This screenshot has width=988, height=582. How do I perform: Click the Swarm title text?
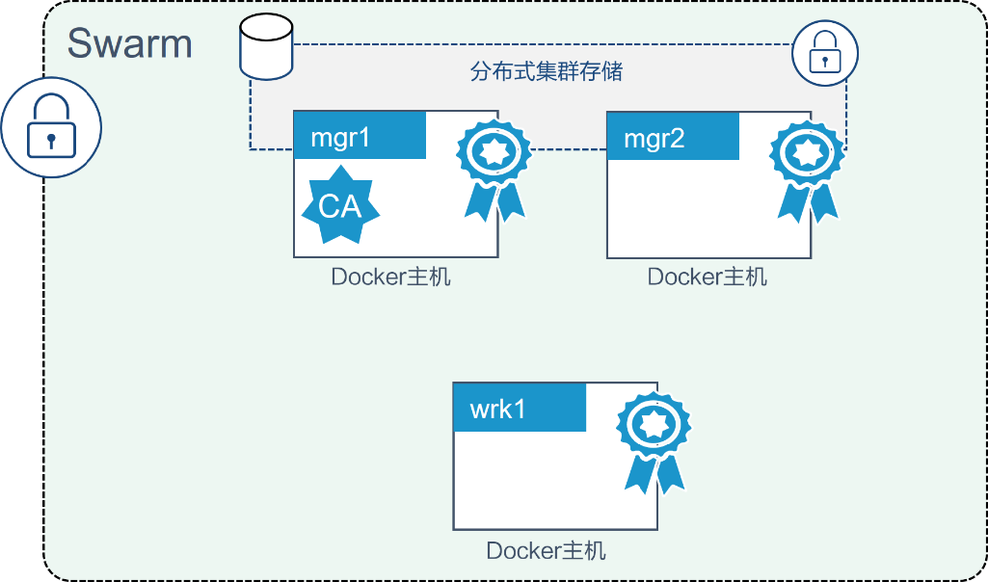(129, 43)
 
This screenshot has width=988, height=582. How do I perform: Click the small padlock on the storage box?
(824, 54)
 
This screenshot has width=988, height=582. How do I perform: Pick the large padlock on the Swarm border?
(50, 127)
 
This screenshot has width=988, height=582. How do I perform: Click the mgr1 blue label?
(360, 136)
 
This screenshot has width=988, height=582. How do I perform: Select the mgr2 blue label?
(673, 136)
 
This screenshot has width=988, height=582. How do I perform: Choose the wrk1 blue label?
(520, 408)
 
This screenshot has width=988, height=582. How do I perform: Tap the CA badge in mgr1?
(340, 204)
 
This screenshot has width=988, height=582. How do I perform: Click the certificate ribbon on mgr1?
(494, 167)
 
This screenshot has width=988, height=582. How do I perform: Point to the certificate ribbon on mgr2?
(808, 167)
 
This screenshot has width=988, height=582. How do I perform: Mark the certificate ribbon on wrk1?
(654, 438)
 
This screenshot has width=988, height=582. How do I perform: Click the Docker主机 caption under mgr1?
(390, 278)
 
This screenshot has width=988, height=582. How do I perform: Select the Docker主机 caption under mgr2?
(707, 278)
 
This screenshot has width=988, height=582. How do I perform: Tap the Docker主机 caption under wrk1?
(546, 550)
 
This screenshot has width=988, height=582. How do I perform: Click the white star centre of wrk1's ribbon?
(654, 421)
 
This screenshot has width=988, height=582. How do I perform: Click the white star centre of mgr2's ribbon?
(808, 150)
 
